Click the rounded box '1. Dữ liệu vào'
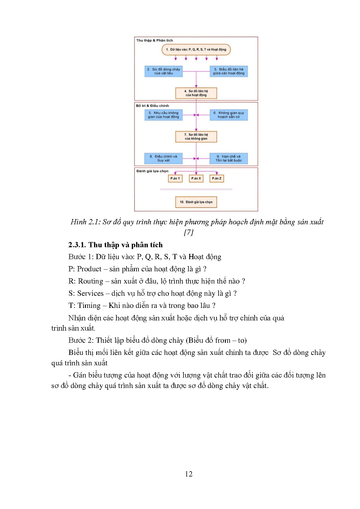pyautogui.click(x=196, y=50)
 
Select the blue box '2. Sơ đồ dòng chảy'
pyautogui.click(x=163, y=71)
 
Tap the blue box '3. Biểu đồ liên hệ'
pyautogui.click(x=229, y=71)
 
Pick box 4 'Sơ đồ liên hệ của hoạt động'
pyautogui.click(x=196, y=93)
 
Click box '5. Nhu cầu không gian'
pyautogui.click(x=163, y=115)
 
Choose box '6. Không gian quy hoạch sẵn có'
pyautogui.click(x=229, y=115)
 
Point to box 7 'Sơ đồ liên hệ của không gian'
pyautogui.click(x=196, y=137)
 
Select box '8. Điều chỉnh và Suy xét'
pyautogui.click(x=163, y=158)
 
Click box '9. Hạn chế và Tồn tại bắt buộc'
pyautogui.click(x=229, y=158)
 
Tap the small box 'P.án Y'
pyautogui.click(x=175, y=178)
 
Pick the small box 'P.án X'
pyautogui.click(x=196, y=178)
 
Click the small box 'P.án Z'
pyautogui.click(x=217, y=178)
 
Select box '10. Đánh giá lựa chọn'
pyautogui.click(x=196, y=202)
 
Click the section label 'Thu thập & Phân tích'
pyautogui.click(x=154, y=40)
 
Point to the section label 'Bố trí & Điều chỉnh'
pyautogui.click(x=152, y=106)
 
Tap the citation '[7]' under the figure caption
pyautogui.click(x=188, y=232)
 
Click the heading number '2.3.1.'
pyautogui.click(x=77, y=245)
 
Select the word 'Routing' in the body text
pyautogui.click(x=91, y=281)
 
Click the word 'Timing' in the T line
pyautogui.click(x=89, y=306)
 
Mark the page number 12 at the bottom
pyautogui.click(x=188, y=474)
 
